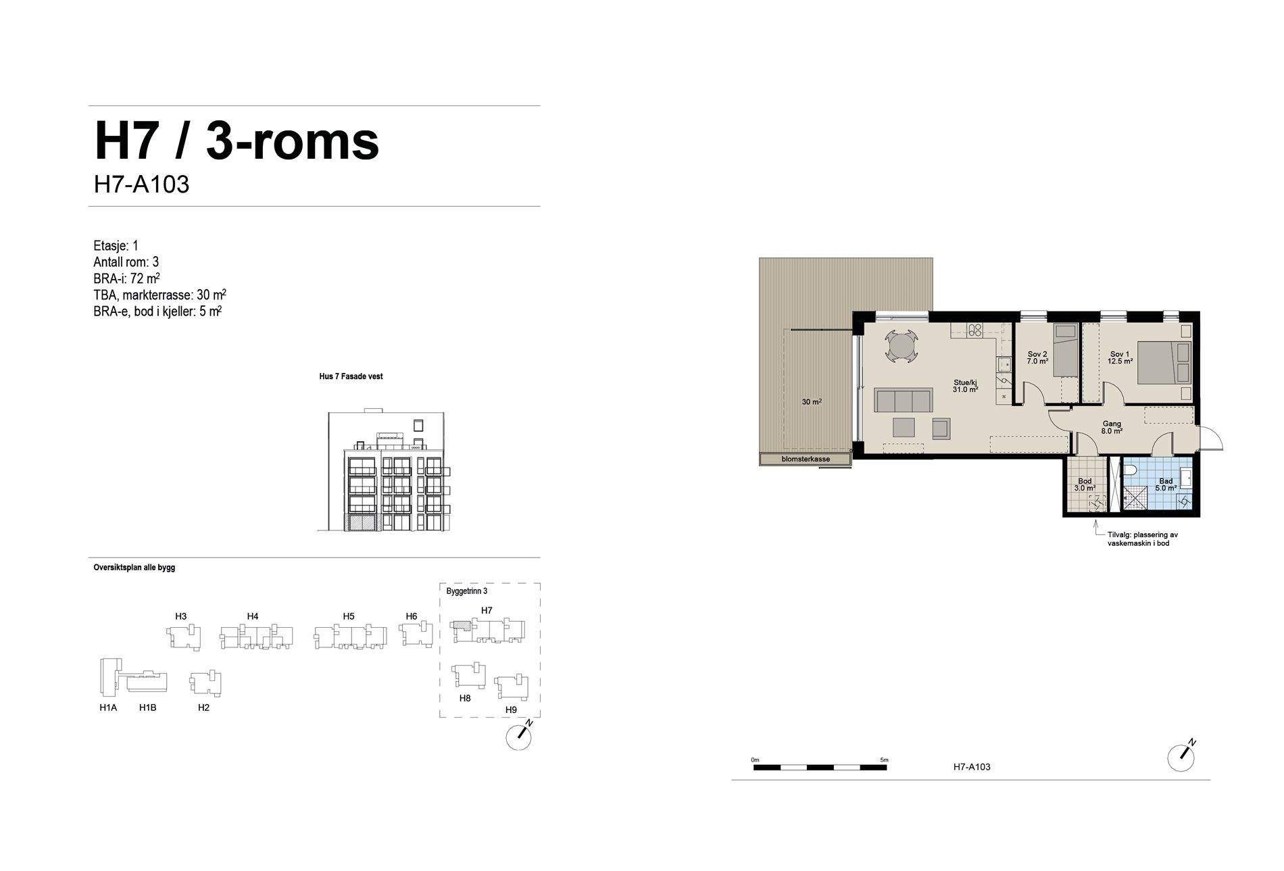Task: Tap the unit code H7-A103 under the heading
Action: coord(141,184)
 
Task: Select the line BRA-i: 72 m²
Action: coord(126,278)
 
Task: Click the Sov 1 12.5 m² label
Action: coord(1119,357)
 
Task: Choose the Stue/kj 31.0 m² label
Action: coord(965,385)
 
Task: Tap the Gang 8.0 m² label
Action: coord(1112,427)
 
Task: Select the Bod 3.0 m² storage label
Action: coord(1085,484)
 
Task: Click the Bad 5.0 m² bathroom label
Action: coord(1166,484)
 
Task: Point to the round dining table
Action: coord(900,347)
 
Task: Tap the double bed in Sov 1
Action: coord(1162,363)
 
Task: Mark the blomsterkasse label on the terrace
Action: coord(806,459)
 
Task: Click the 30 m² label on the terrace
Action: coord(812,402)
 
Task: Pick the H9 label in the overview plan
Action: coord(511,710)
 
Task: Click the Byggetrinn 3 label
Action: coord(467,591)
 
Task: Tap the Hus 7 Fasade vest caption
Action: coord(351,376)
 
